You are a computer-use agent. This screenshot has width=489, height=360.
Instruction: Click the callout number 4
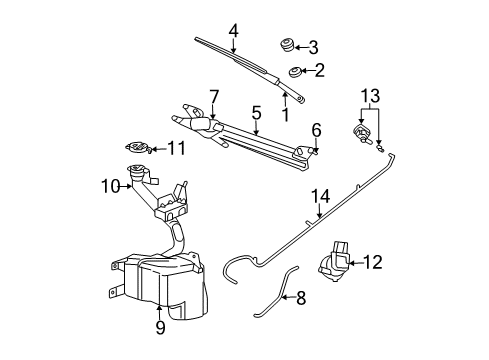click(x=233, y=30)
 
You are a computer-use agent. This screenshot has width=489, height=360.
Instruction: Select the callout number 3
click(x=313, y=46)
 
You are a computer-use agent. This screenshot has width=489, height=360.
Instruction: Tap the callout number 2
click(x=319, y=70)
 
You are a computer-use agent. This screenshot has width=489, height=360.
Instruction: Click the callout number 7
click(x=213, y=95)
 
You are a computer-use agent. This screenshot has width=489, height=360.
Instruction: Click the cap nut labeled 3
click(x=284, y=45)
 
